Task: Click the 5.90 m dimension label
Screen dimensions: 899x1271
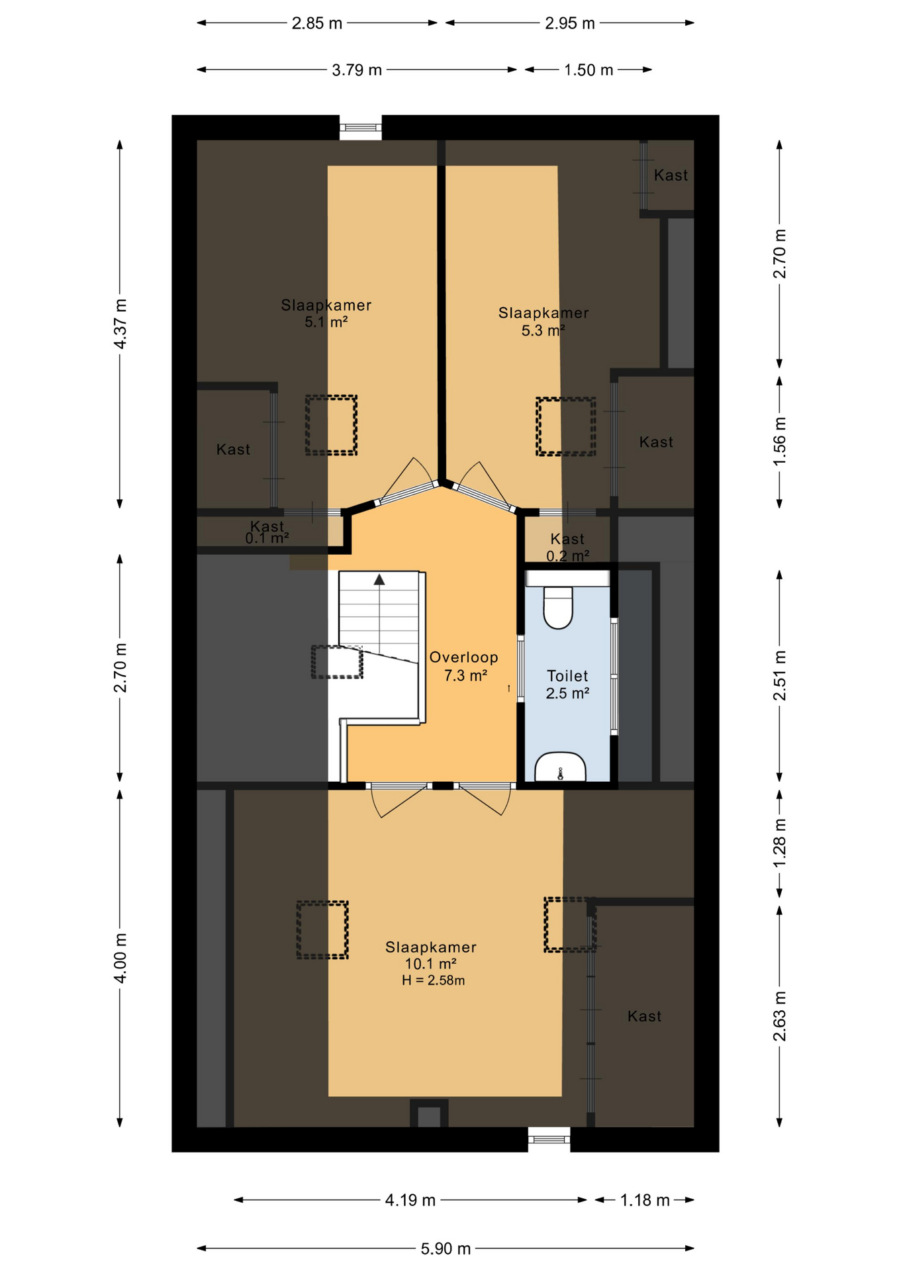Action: tap(446, 1248)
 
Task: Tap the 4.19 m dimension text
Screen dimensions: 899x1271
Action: tap(410, 1200)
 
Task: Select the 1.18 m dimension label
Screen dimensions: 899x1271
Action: tap(645, 1200)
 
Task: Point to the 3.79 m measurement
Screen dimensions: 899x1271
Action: tap(357, 70)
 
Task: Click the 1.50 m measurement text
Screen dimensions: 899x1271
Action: tap(589, 70)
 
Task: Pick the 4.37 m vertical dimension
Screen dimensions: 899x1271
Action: tap(120, 324)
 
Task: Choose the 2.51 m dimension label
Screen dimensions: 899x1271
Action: tap(780, 675)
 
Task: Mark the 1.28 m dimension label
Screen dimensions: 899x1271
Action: tap(780, 842)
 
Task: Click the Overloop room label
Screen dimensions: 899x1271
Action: tap(463, 657)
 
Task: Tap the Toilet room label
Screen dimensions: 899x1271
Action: tap(567, 676)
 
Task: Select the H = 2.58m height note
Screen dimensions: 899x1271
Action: tap(433, 980)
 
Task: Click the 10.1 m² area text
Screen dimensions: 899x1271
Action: tap(430, 964)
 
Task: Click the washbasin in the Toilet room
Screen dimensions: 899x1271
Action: tap(560, 767)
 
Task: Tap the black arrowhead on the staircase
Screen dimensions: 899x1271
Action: tap(379, 580)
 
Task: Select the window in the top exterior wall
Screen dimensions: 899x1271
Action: tap(361, 127)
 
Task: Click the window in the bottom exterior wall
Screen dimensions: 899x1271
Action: tap(549, 1139)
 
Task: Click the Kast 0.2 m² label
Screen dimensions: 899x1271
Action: tap(567, 547)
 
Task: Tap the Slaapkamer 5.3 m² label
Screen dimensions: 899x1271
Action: tap(544, 321)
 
